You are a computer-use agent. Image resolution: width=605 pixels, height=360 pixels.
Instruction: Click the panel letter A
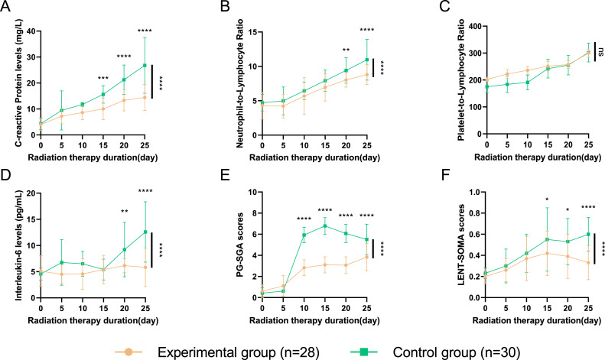[x=7, y=9]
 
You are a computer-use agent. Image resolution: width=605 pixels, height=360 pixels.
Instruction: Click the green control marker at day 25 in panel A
[x=144, y=65]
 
